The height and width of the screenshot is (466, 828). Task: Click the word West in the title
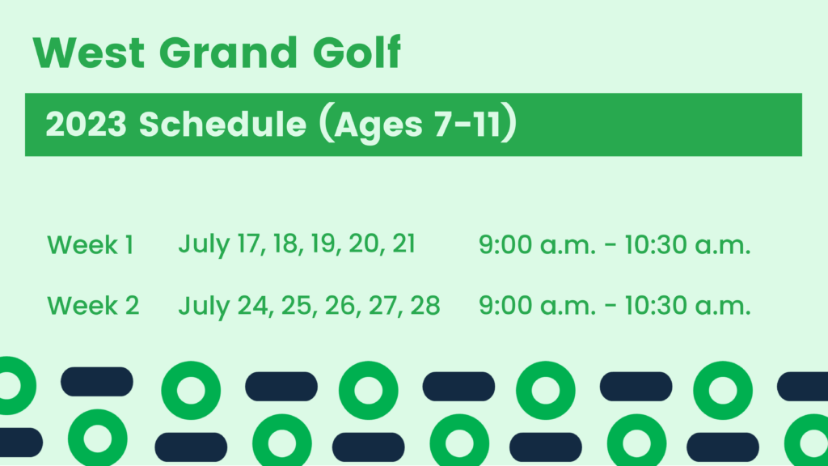point(89,53)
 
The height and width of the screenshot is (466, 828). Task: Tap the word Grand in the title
point(228,53)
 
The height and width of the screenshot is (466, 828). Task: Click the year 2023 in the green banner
point(86,124)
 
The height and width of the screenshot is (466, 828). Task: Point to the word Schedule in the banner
point(222,124)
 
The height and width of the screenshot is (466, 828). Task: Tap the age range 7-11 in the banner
point(467,124)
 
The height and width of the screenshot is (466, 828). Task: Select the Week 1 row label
point(91,245)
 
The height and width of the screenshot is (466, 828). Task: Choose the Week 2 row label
point(93,306)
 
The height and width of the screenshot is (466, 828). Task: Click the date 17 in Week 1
point(249,244)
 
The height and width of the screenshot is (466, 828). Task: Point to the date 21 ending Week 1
point(404,244)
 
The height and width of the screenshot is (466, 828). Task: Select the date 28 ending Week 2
point(425,305)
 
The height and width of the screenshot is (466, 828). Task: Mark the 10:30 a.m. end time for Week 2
point(687,306)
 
